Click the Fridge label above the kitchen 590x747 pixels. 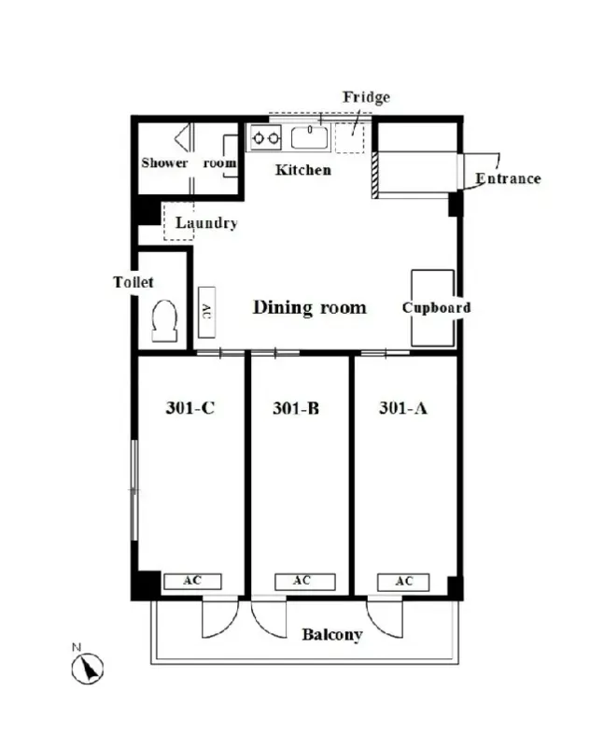[x=366, y=98]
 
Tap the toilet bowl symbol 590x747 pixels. [x=164, y=320]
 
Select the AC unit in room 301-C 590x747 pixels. [x=192, y=581]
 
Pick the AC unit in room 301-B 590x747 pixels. [x=304, y=581]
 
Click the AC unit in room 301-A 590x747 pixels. [x=403, y=582]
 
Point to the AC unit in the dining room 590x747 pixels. [x=206, y=312]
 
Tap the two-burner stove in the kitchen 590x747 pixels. [x=266, y=137]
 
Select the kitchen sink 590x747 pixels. [x=310, y=137]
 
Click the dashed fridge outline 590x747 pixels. [x=349, y=137]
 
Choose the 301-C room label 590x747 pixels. [x=190, y=408]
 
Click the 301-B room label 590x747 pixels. [x=296, y=408]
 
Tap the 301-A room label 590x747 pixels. [x=403, y=408]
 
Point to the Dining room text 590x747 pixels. [x=310, y=308]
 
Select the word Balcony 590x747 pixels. [x=332, y=635]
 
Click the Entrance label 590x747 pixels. [x=508, y=178]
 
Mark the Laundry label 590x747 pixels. [x=206, y=222]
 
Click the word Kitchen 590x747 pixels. [x=302, y=170]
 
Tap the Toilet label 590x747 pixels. [x=133, y=282]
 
